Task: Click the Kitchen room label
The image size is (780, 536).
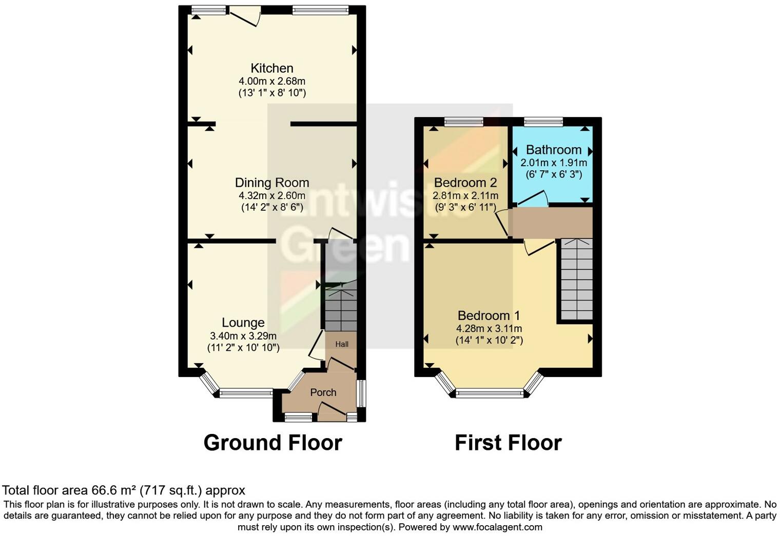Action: (272, 68)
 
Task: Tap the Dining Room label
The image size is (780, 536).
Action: (272, 183)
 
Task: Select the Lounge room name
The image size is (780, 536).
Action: (243, 323)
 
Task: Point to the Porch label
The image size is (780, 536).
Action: (323, 392)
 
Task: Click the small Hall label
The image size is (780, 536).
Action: (342, 344)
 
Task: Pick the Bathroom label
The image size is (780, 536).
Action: (554, 150)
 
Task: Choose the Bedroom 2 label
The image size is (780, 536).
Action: (465, 183)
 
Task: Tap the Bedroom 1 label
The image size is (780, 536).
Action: (489, 315)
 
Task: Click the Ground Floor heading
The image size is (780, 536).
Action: (272, 443)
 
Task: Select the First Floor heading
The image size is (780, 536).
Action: (508, 443)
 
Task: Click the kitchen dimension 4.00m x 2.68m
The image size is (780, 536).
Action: (272, 81)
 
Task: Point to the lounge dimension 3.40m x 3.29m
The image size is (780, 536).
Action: (243, 336)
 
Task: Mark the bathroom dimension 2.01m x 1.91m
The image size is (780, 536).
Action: (554, 163)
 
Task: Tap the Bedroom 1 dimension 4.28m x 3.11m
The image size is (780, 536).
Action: (489, 328)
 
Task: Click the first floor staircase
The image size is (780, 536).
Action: (576, 280)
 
